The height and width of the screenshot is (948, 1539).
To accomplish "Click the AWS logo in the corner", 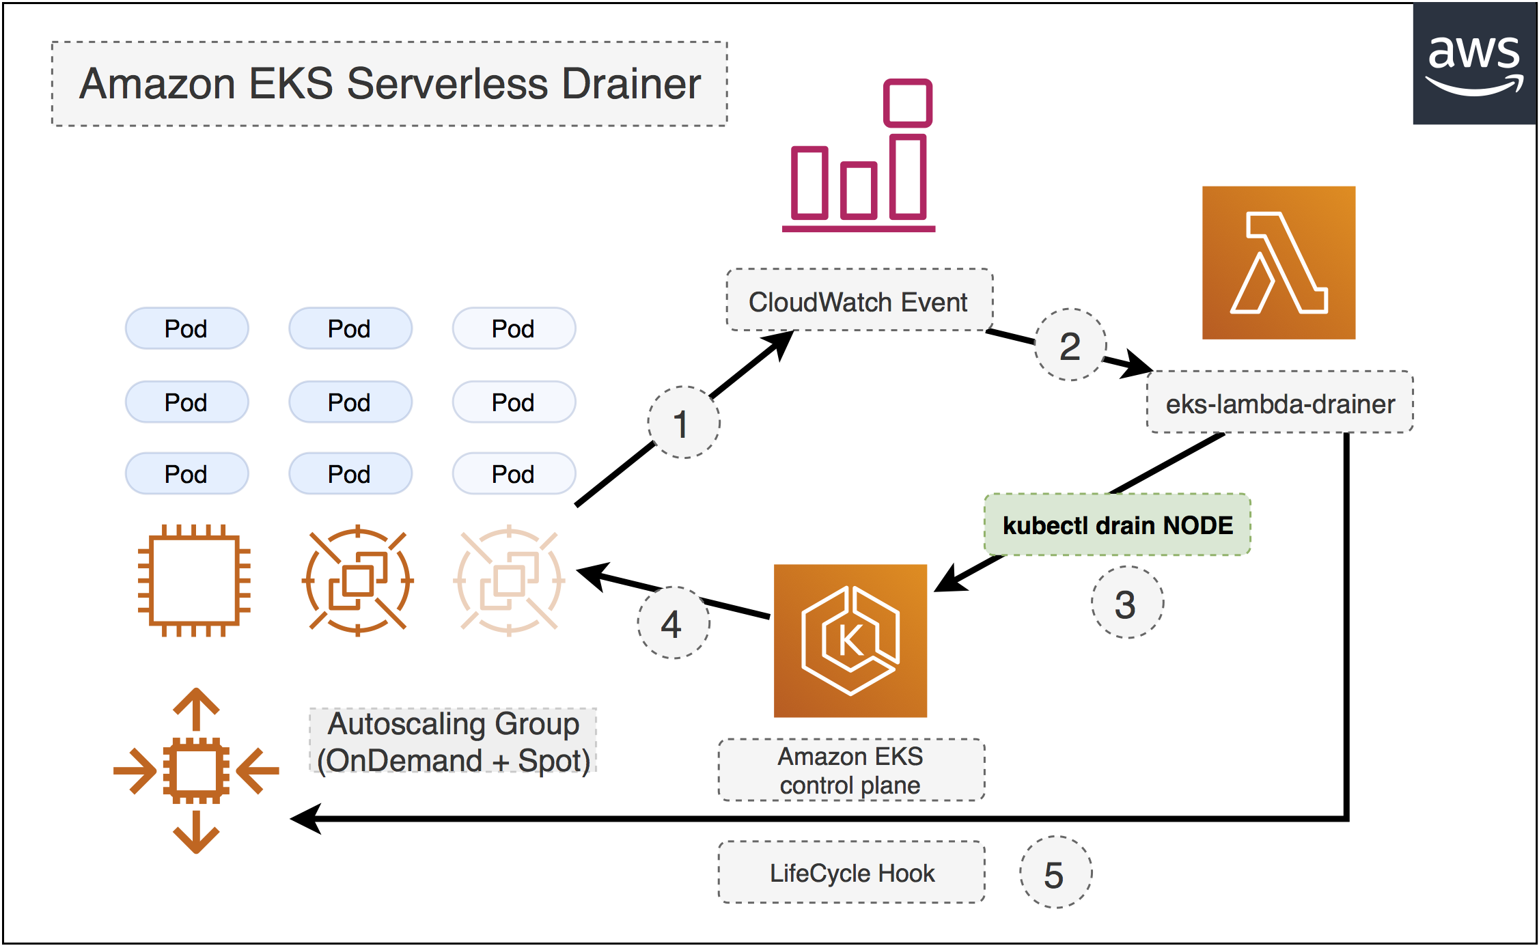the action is (x=1474, y=64).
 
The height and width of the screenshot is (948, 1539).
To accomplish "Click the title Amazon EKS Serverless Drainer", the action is (x=390, y=84).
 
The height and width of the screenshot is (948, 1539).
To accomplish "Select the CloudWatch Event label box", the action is (x=859, y=301).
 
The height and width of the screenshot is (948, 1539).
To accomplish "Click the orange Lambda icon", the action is (x=1279, y=263).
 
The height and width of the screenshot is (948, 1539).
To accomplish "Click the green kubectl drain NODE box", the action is (x=1118, y=525).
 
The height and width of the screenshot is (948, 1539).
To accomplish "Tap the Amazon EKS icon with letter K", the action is (x=850, y=641).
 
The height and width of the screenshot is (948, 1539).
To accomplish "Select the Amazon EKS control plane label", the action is (x=851, y=770).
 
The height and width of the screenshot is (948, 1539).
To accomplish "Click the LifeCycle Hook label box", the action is (x=851, y=872).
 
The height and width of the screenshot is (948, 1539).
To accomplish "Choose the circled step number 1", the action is (x=683, y=423).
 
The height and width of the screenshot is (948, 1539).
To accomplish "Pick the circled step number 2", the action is (x=1070, y=345).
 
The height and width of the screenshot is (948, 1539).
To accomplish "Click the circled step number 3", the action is (x=1127, y=602).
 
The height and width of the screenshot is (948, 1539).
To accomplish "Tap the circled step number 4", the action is (x=674, y=622).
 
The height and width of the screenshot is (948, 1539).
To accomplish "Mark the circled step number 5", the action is (x=1055, y=872).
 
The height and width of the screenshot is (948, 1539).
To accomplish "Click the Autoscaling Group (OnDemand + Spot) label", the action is (x=453, y=742).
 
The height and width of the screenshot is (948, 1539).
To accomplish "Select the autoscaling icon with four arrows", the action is (x=196, y=770).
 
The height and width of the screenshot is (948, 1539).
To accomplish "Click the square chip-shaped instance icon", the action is (x=194, y=581).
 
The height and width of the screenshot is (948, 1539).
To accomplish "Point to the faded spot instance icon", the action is (x=509, y=581).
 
